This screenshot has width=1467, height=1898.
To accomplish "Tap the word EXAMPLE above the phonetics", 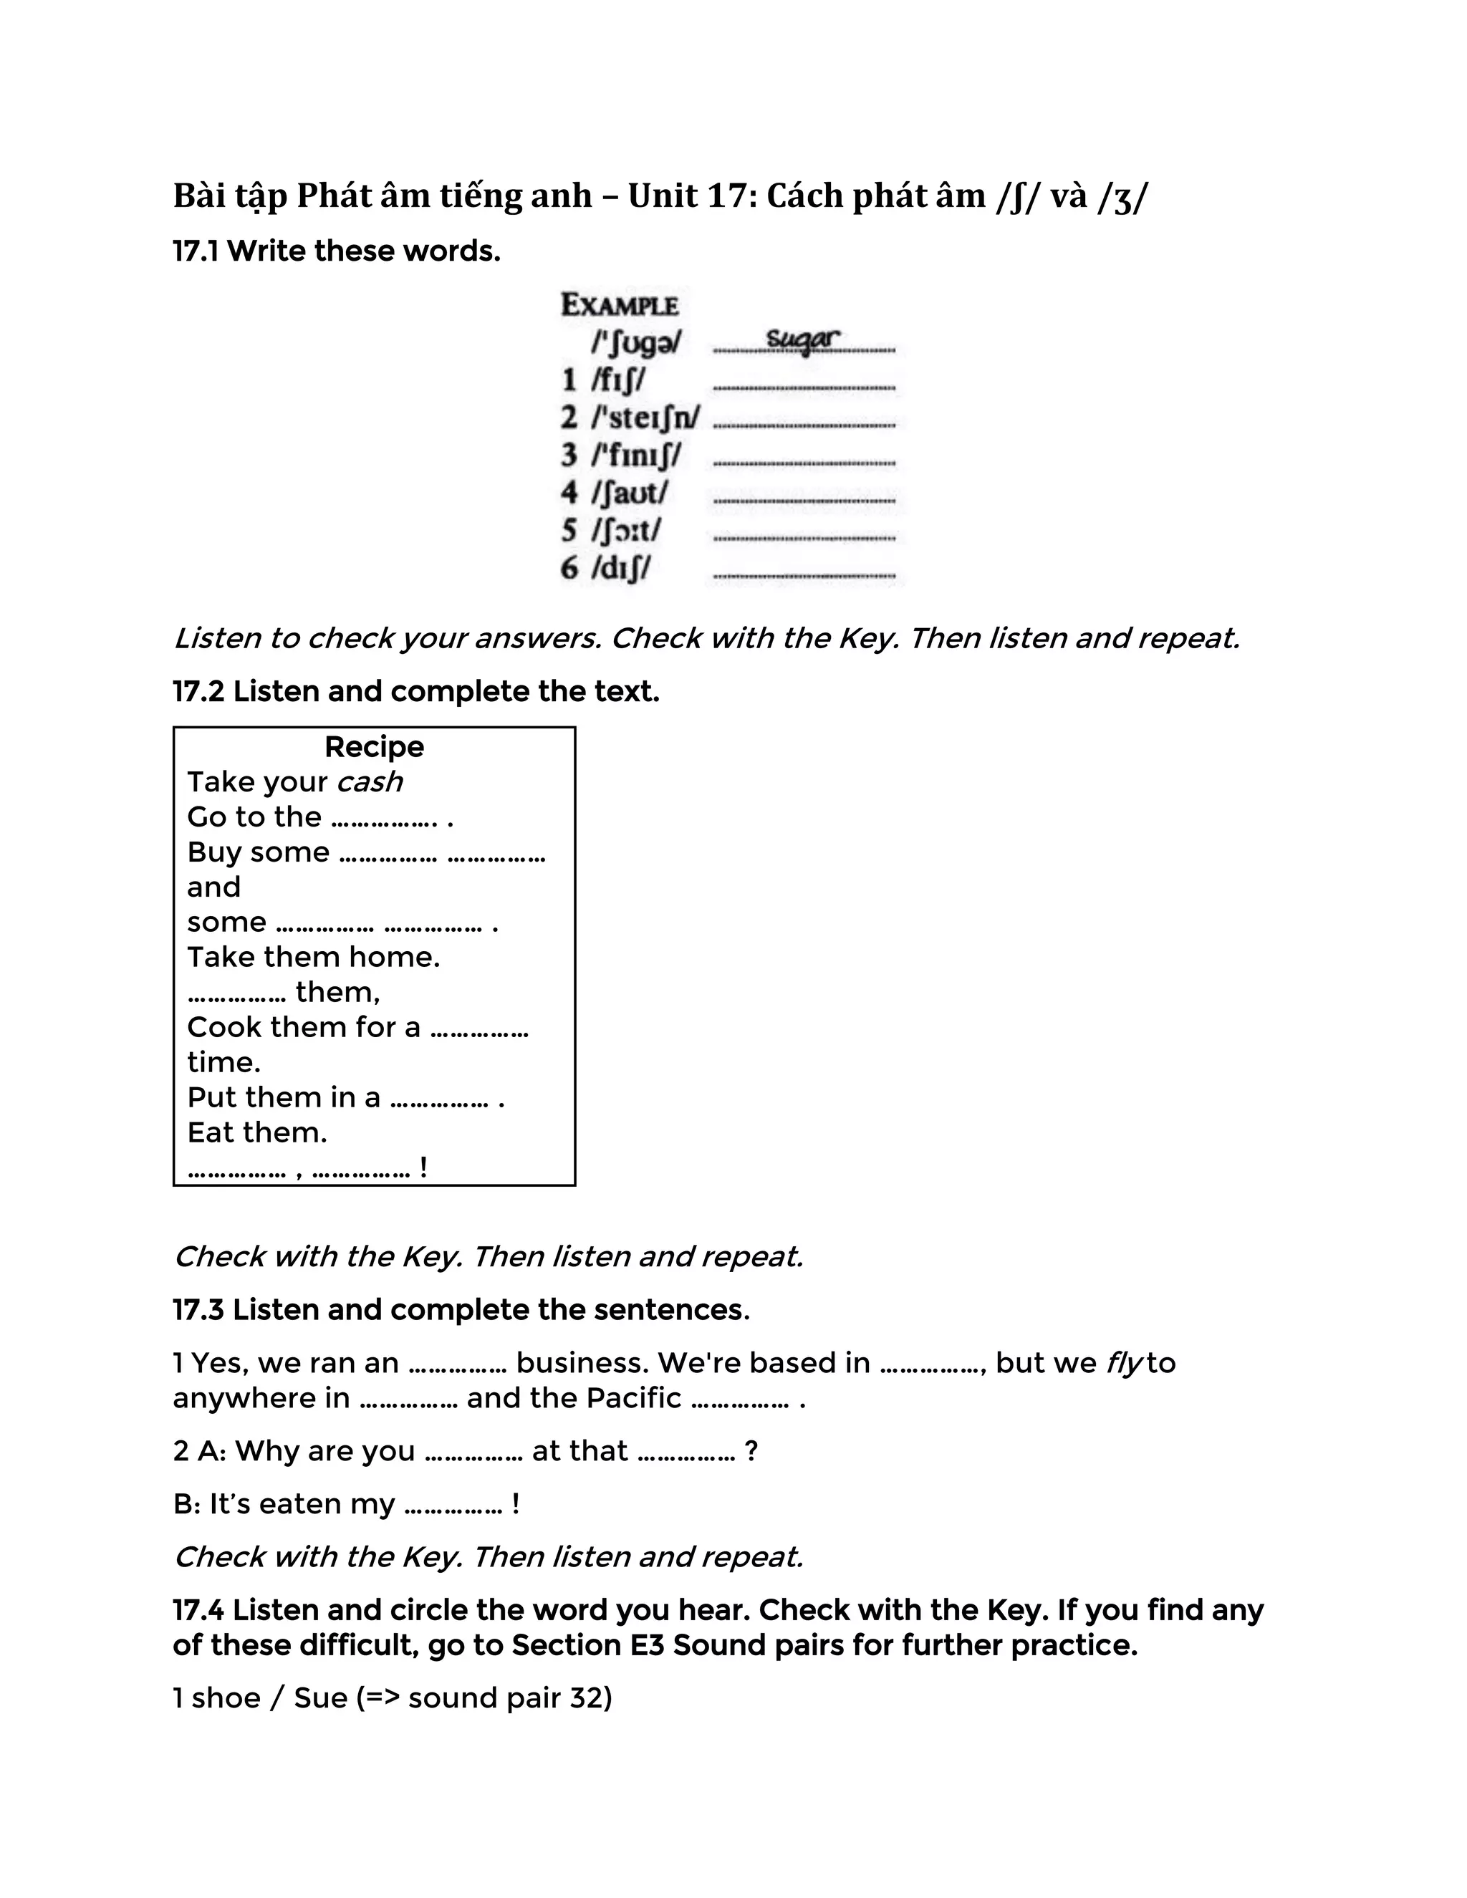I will [619, 305].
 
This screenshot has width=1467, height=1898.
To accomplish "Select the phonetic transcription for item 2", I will [645, 418].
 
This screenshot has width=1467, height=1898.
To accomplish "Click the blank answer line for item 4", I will [804, 501].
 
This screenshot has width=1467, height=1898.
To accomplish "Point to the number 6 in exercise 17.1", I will [569, 569].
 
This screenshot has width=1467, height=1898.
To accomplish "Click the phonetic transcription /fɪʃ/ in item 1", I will [618, 380].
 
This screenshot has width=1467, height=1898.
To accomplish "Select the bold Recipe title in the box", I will [374, 746].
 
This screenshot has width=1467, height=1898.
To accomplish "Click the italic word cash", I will [370, 782].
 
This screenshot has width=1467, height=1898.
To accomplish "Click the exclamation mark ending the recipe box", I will [423, 1166].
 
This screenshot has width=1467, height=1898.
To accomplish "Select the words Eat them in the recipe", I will [256, 1132].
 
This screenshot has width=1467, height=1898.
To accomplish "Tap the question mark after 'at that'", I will [751, 1451].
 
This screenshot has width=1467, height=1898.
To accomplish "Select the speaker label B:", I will [187, 1504].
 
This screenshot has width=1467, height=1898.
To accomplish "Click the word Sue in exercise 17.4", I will [321, 1698].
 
